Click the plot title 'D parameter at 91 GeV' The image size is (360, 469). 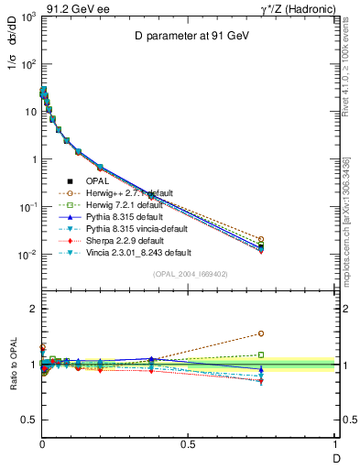188,37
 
